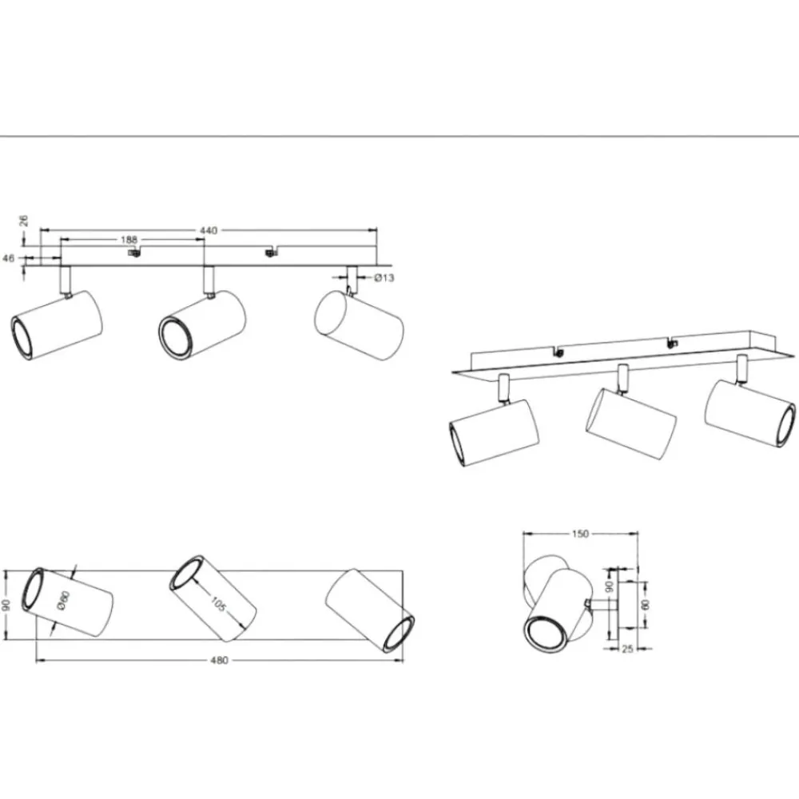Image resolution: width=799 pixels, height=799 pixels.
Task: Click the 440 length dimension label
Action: tap(209, 230)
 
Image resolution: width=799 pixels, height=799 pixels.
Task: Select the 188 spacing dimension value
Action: tap(129, 240)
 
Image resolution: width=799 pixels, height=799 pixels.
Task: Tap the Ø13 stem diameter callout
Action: tap(384, 278)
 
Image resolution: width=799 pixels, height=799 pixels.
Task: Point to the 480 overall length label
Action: tap(219, 661)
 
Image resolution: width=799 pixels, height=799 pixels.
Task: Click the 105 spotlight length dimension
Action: tap(218, 604)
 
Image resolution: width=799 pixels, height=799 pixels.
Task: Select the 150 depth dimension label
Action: tap(580, 534)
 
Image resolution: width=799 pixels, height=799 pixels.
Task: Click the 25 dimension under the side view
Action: tap(628, 649)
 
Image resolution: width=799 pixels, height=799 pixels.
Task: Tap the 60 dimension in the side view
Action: tap(646, 605)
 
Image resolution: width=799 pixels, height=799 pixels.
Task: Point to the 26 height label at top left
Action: tap(24, 221)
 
